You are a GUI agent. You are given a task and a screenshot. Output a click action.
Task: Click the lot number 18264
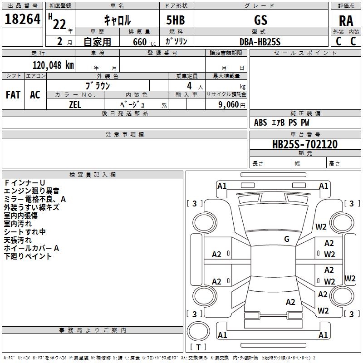point(22,19)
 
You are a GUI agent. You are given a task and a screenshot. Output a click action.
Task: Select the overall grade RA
point(346,21)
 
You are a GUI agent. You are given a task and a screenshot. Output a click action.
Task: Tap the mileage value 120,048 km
point(53,65)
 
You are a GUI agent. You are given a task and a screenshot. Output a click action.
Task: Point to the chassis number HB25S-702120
point(304,144)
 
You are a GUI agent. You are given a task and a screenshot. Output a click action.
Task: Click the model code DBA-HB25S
point(260,42)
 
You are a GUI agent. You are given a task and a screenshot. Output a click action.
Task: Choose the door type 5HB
point(176,20)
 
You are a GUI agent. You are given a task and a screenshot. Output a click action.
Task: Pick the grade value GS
point(260,20)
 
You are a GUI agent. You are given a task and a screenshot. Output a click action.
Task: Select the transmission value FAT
point(13,95)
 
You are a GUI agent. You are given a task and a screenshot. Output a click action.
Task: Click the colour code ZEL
point(75,105)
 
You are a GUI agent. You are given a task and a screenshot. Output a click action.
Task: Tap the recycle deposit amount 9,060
point(229,105)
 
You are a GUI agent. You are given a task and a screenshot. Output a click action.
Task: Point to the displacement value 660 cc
point(144,42)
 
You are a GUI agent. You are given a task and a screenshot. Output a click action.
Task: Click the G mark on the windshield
point(287,239)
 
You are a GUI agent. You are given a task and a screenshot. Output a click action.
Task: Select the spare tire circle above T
point(198,331)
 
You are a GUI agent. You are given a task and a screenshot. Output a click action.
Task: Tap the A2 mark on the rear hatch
point(290,302)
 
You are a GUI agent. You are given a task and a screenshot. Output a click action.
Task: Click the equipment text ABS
point(260,123)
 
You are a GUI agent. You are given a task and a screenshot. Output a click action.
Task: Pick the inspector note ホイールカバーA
point(31,248)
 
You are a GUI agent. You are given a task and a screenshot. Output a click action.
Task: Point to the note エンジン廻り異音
point(31,191)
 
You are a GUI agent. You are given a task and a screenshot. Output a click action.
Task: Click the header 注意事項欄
point(125,134)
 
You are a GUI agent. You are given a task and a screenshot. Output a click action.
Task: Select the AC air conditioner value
point(35,95)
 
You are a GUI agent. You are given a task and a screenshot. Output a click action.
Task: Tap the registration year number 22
point(59,25)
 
